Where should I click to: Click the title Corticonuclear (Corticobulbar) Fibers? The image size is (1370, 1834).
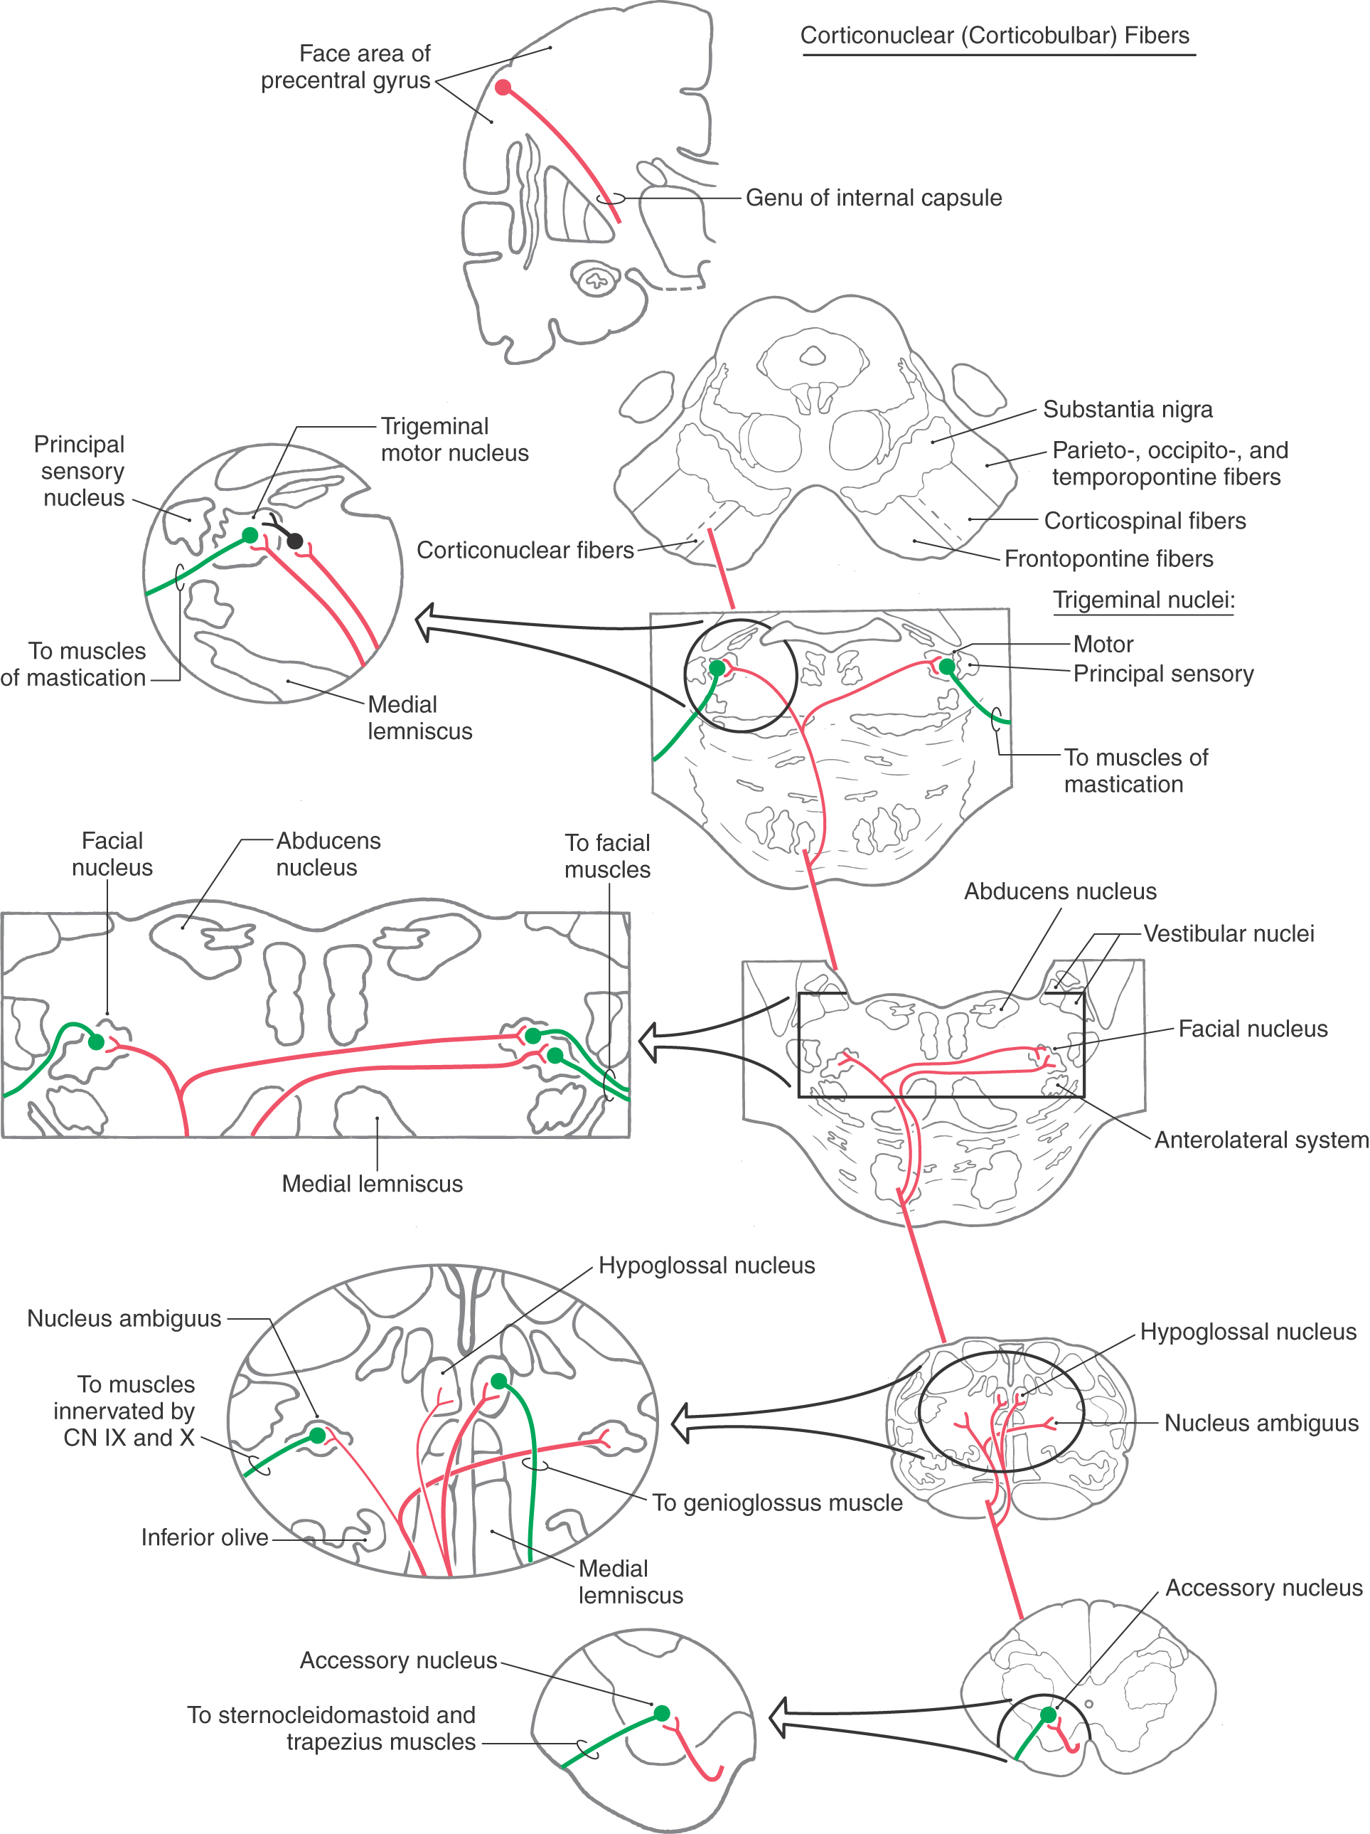[x=994, y=36]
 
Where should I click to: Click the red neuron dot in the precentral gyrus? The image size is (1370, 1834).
[x=503, y=87]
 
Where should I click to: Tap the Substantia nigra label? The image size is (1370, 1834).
[x=1127, y=409]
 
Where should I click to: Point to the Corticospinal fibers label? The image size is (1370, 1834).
[x=1144, y=521]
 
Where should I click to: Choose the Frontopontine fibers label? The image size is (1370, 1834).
[x=1108, y=559]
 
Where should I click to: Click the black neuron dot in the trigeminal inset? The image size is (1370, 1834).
[x=294, y=541]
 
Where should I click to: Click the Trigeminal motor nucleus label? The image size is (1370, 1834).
[x=454, y=440]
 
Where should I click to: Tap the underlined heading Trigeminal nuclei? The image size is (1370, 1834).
[x=1143, y=600]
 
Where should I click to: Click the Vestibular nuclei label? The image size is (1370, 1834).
[x=1229, y=933]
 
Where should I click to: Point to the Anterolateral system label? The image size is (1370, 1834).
[x=1261, y=1140]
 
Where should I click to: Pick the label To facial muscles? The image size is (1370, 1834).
[x=608, y=856]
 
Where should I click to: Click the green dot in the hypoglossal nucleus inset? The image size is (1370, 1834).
[x=498, y=1380]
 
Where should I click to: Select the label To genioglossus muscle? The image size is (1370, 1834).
[x=776, y=1502]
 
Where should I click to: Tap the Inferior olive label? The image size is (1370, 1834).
[x=204, y=1537]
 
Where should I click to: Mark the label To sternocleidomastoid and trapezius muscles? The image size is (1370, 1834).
[x=331, y=1728]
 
